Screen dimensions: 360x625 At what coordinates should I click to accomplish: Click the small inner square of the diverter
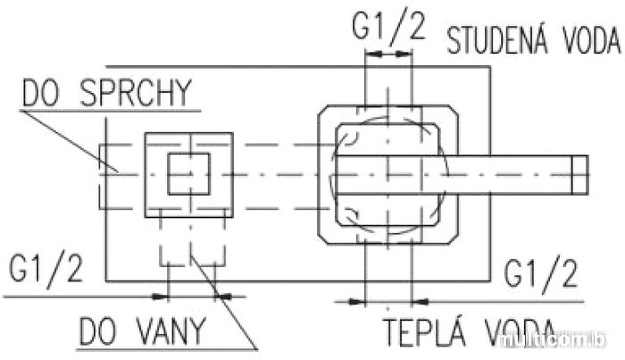click(x=188, y=173)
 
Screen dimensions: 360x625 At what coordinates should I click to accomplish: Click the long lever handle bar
click(x=509, y=173)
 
